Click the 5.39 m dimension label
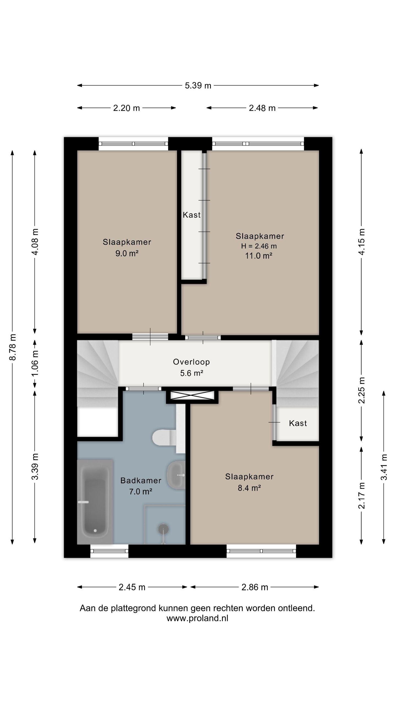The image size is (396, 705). [198, 86]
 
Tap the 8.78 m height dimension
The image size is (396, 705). [13, 347]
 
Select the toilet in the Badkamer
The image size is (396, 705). [164, 437]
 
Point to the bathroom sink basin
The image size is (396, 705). [176, 476]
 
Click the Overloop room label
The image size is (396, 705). [191, 362]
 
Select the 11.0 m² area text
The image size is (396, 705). [259, 256]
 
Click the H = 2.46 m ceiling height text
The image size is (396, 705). [259, 246]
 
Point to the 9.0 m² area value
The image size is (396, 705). [127, 253]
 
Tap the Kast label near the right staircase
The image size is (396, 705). [298, 423]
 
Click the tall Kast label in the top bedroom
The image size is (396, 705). [192, 215]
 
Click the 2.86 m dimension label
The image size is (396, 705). [255, 587]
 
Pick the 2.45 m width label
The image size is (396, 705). [132, 587]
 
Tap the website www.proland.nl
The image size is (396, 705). [197, 619]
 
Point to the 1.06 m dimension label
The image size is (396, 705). [35, 363]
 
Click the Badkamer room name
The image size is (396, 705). [141, 481]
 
